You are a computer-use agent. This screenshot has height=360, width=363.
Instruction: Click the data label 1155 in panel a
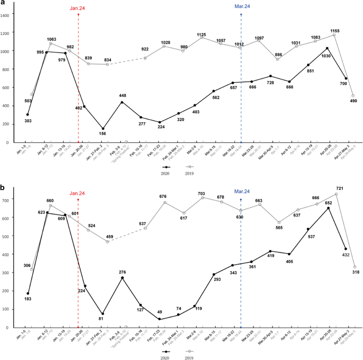coord(334,31)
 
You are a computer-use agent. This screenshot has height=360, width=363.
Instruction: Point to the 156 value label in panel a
coord(103,133)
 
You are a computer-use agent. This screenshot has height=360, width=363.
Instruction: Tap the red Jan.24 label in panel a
coord(78,8)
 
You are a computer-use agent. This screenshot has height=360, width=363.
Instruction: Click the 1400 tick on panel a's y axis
coord(5,15)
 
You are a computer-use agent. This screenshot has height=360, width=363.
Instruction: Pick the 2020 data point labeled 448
coord(122,102)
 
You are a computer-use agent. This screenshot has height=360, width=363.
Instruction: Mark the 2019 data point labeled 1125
coord(201,37)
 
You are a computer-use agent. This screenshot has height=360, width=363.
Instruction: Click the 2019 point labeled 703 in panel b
coord(201,197)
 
